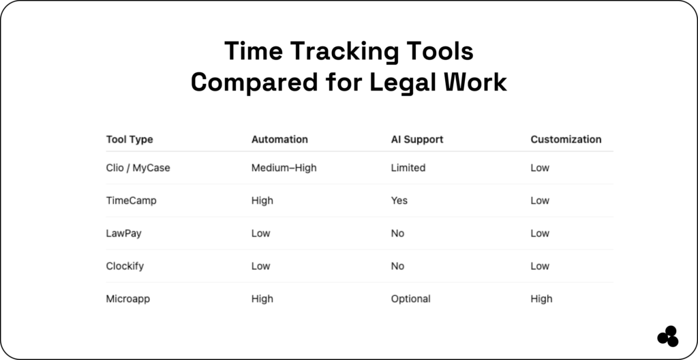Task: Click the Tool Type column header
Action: click(130, 139)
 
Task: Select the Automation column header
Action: click(279, 139)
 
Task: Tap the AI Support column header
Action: click(417, 139)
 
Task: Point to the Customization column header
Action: click(566, 139)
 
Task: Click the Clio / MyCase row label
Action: click(138, 168)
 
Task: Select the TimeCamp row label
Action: click(130, 200)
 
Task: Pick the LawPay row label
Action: click(123, 233)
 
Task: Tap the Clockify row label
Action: click(125, 266)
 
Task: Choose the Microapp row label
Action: click(127, 299)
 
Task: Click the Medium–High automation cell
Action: click(284, 168)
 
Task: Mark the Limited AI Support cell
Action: click(408, 168)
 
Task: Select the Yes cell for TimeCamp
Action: click(399, 200)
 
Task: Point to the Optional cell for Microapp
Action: click(411, 299)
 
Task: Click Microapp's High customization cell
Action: click(541, 299)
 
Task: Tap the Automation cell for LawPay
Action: click(261, 233)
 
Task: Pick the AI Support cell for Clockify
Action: click(397, 266)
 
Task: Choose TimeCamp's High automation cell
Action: click(262, 200)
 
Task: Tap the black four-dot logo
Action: click(668, 336)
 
